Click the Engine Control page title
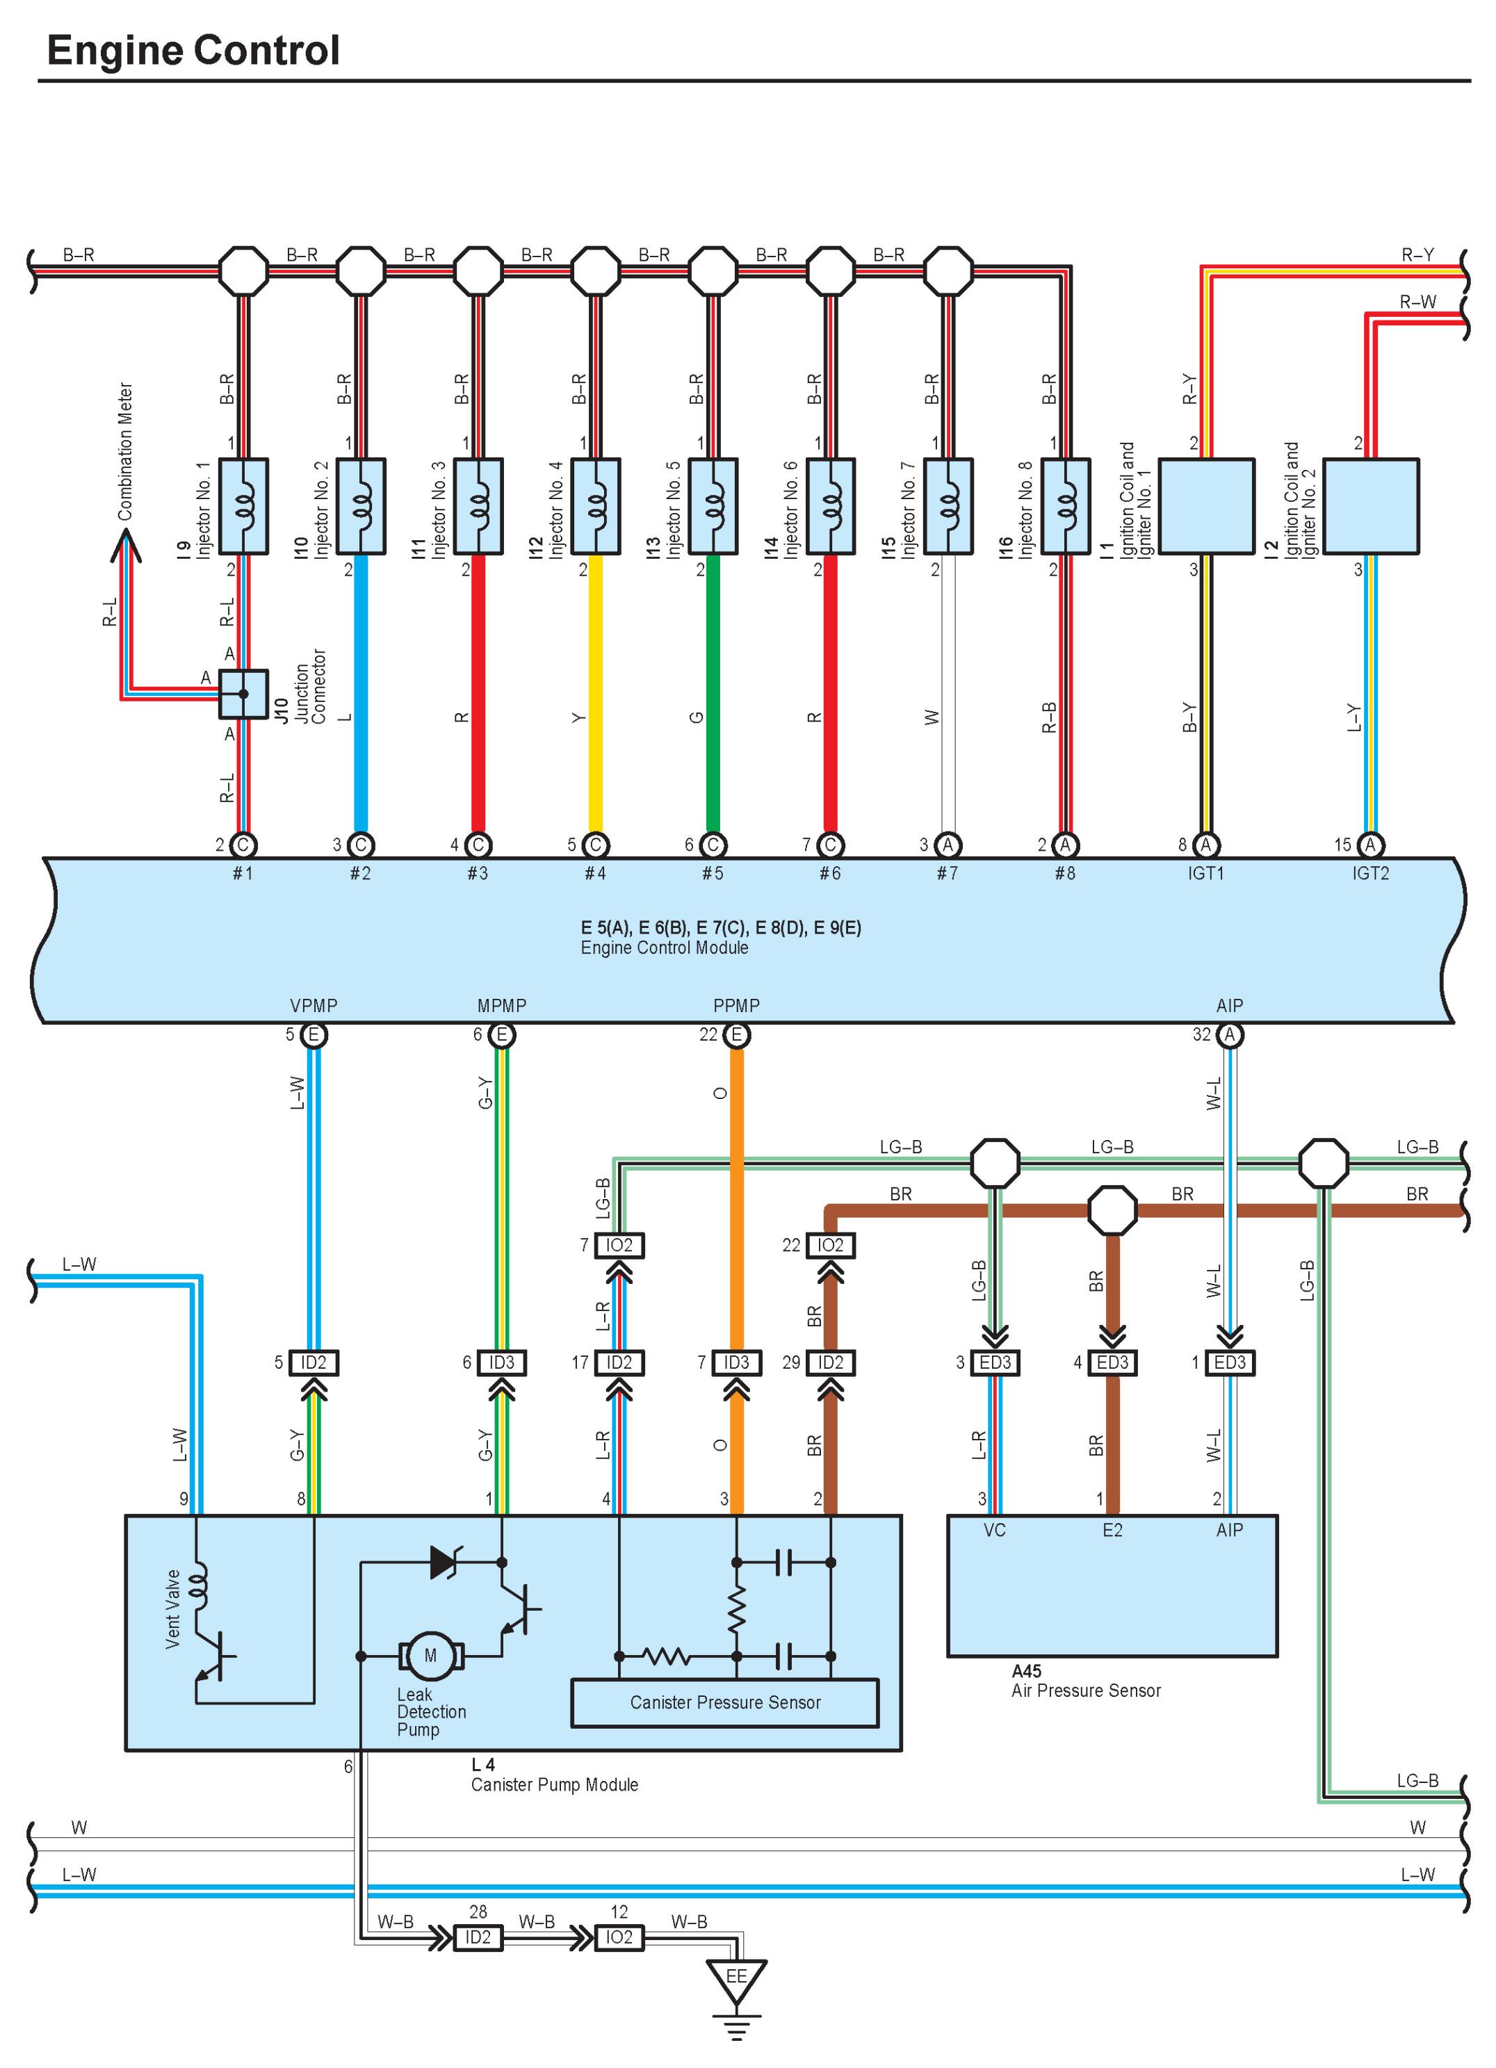pos(193,50)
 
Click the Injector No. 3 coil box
pos(478,506)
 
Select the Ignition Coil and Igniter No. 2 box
pos(1369,506)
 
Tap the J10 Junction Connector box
pos(243,694)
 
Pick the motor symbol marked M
pos(430,1655)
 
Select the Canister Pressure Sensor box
pos(725,1702)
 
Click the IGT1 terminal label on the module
pos(1205,874)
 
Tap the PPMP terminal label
pos(735,1006)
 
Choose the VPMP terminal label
pos(314,1006)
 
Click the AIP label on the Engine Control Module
pos(1229,1006)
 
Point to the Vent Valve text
pos(172,1609)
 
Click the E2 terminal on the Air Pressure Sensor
pos(1112,1530)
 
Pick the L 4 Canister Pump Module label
pos(553,1775)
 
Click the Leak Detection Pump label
pos(430,1711)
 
